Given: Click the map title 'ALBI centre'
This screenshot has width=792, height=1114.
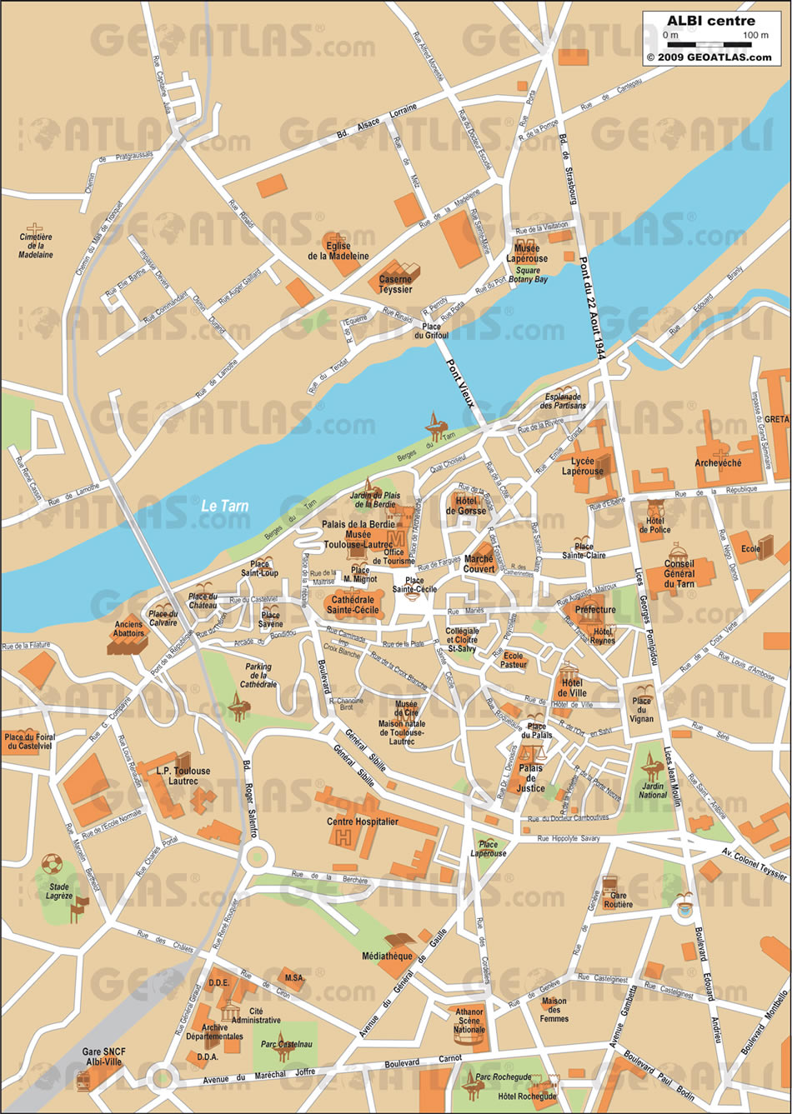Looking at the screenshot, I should coord(710,21).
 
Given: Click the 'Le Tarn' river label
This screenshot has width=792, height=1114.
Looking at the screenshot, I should coord(225,505).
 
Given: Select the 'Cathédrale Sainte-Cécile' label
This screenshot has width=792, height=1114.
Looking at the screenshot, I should coord(355,604).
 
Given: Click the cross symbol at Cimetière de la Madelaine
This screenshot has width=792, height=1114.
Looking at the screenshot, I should coord(35,227).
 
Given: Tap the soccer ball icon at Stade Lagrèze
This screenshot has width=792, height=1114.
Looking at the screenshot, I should coord(52,862).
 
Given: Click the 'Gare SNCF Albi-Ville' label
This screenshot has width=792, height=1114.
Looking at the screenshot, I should coord(103,1057).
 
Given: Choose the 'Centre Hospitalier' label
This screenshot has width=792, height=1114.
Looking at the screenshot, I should coord(363,822).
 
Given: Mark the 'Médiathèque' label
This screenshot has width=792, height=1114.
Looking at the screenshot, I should coord(388,956).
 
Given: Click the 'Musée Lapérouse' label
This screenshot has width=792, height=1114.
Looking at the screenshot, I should coord(527,253).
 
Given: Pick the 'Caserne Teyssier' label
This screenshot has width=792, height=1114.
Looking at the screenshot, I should coord(395,284).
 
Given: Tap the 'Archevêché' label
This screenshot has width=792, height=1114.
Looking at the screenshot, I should coord(718,462).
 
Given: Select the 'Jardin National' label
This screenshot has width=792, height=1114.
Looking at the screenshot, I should coord(653,789).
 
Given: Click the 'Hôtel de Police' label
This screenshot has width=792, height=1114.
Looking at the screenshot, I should coord(654,524).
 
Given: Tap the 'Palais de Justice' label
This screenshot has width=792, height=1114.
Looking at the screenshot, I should coord(531,778).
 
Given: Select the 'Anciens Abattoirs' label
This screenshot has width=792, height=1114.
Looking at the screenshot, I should coord(129,628).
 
